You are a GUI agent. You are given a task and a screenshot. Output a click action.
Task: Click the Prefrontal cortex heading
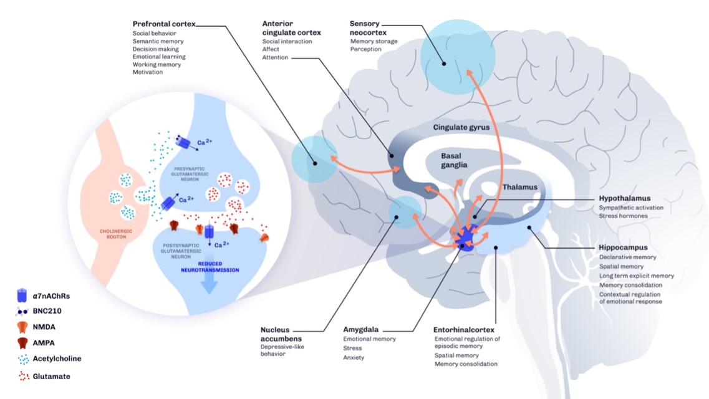pyautogui.click(x=164, y=24)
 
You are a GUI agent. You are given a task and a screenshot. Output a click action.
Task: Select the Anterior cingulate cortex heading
pyautogui.click(x=284, y=27)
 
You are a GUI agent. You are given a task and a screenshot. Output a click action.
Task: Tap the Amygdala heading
pyautogui.click(x=362, y=329)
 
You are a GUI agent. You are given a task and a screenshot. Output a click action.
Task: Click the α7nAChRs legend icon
pyautogui.click(x=22, y=292)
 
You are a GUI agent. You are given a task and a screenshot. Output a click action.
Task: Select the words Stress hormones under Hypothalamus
pyautogui.click(x=624, y=216)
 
